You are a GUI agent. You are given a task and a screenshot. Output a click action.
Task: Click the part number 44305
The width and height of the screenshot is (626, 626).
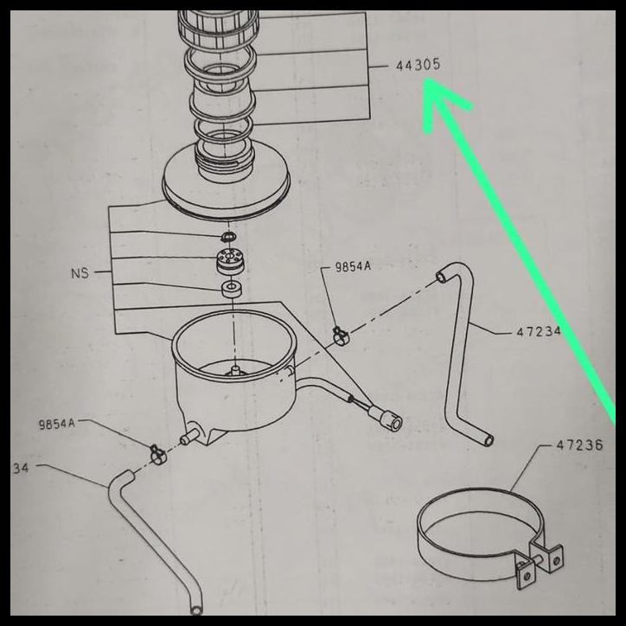(x=418, y=66)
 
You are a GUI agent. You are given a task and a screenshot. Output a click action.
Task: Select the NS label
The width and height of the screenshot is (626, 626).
(x=80, y=273)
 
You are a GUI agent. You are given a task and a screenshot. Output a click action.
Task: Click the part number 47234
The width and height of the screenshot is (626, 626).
(x=539, y=331)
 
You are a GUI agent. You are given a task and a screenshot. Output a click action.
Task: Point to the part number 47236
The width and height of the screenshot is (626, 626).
(x=578, y=445)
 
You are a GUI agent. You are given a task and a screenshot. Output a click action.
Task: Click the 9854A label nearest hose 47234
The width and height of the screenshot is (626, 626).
(x=353, y=267)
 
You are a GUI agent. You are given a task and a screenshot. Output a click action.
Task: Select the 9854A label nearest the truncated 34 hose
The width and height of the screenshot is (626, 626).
(x=57, y=425)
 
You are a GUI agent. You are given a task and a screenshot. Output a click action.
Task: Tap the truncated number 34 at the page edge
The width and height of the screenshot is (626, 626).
(x=22, y=468)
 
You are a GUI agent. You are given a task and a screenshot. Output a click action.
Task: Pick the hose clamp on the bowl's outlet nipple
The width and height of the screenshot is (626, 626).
(x=156, y=451)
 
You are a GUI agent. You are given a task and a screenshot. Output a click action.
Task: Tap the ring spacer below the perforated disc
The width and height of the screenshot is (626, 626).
(x=231, y=289)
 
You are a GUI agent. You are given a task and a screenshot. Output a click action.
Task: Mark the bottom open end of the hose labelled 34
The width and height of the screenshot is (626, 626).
(x=197, y=610)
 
